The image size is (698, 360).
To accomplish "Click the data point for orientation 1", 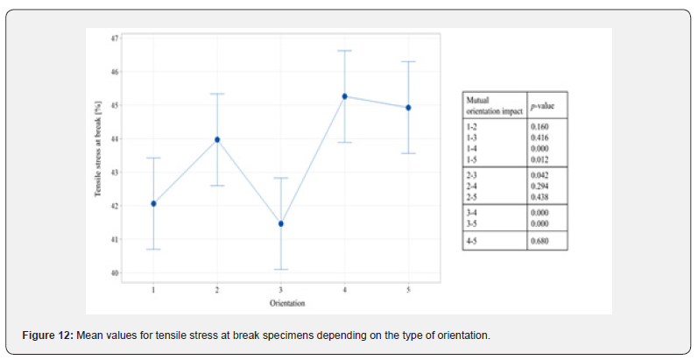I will pyautogui.click(x=153, y=203).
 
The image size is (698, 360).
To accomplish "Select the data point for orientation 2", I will pyautogui.click(x=217, y=139).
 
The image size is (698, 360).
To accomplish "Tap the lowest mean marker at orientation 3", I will pyautogui.click(x=280, y=223).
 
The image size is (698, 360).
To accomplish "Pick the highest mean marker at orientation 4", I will pyautogui.click(x=344, y=96).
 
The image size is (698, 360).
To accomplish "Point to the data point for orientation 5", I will pyautogui.click(x=408, y=108).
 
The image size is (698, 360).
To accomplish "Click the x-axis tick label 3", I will pyautogui.click(x=280, y=289).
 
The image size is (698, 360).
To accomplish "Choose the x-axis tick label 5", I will pyautogui.click(x=408, y=289).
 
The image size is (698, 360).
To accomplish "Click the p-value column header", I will pyautogui.click(x=546, y=104).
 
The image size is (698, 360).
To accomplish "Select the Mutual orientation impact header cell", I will pyautogui.click(x=493, y=104).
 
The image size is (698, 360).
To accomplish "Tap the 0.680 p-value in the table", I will pyautogui.click(x=540, y=240).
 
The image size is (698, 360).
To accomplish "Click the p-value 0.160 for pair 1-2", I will pyautogui.click(x=540, y=126).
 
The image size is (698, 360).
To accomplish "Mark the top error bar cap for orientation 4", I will pyautogui.click(x=344, y=51).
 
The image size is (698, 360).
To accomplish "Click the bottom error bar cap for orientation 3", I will pyautogui.click(x=280, y=269).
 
